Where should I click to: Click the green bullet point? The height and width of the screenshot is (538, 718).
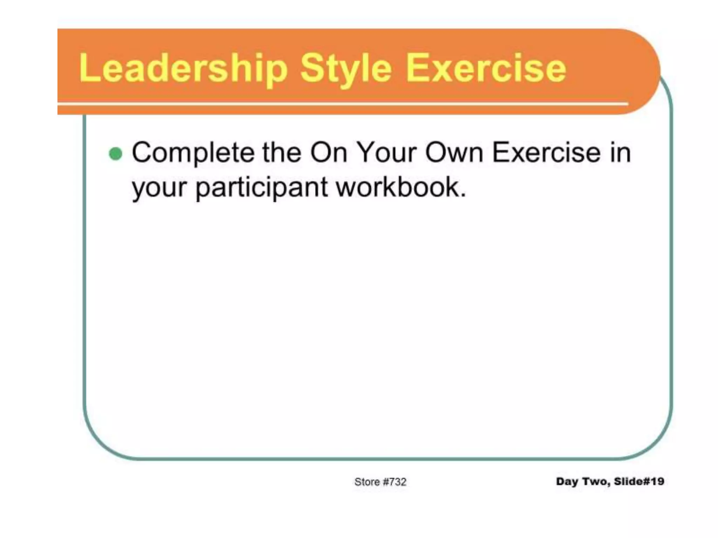pyautogui.click(x=116, y=153)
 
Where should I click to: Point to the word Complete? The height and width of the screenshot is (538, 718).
pyautogui.click(x=193, y=153)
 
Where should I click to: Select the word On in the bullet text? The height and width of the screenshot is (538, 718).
pyautogui.click(x=328, y=153)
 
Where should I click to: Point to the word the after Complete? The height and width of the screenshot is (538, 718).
pyautogui.click(x=282, y=153)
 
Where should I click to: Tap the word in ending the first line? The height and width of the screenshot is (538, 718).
pyautogui.click(x=620, y=153)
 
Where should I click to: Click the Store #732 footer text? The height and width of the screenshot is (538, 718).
pyautogui.click(x=380, y=482)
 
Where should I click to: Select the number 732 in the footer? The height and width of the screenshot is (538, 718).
pyautogui.click(x=398, y=482)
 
